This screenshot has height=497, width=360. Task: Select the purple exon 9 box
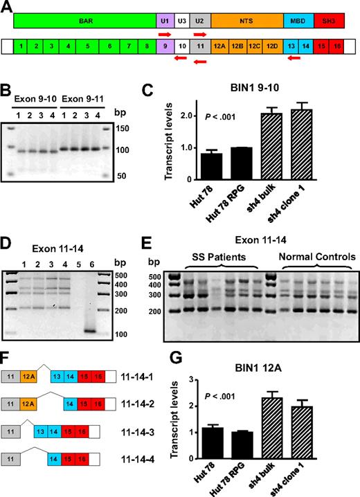165,47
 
